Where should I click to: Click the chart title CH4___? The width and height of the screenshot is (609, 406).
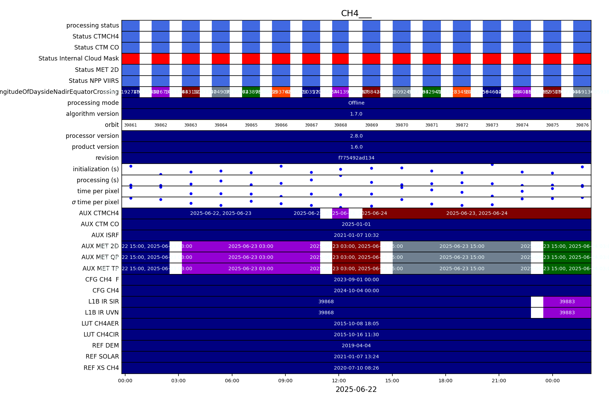356,13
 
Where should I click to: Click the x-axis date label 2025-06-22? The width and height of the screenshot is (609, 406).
356,389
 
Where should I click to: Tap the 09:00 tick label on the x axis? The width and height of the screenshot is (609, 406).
285,381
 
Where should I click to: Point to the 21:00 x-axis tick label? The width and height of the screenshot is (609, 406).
499,381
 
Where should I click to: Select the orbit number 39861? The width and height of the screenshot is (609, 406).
130,125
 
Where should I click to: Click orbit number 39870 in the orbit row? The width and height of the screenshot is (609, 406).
402,125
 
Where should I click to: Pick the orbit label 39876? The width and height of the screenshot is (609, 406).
582,125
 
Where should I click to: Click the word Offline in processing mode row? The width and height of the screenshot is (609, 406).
356,103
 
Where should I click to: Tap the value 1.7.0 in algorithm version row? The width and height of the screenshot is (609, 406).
356,114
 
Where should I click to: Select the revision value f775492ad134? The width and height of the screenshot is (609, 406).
356,158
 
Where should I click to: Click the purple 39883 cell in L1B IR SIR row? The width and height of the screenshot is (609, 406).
567,301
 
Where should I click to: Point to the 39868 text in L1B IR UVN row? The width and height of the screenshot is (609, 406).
326,312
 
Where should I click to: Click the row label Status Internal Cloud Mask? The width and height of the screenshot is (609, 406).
78,58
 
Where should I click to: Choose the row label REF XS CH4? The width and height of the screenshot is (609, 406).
101,368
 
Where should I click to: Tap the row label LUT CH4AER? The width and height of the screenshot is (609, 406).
100,323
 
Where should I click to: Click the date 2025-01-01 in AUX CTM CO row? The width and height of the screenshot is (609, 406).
356,224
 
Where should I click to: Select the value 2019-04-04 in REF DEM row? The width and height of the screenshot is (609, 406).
356,345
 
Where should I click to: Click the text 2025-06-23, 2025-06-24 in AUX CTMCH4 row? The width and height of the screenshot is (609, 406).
477,213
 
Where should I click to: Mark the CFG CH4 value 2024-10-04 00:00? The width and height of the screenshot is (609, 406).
356,290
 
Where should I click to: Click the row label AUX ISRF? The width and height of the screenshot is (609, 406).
105,235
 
